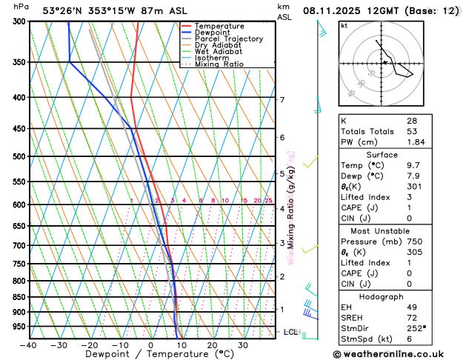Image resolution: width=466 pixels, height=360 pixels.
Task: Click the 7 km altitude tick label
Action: coord(282,99)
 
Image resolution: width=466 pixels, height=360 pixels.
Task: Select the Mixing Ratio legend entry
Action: coord(219,64)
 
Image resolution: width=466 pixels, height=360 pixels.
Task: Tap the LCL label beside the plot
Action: coord(290,332)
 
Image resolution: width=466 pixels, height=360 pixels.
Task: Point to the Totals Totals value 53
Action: coord(412,131)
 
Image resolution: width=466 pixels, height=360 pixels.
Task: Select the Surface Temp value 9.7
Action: coord(413,165)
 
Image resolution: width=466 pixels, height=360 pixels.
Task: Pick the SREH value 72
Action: coord(412,317)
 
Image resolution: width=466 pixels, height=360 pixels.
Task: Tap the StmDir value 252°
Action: coord(416,328)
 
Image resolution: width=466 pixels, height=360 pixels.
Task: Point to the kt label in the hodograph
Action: coord(344,25)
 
